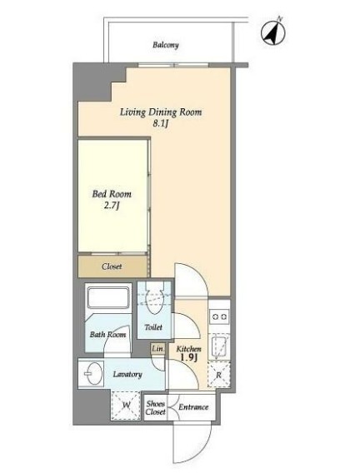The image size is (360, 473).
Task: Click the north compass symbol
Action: (273, 32)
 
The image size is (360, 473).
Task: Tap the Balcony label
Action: (165, 45)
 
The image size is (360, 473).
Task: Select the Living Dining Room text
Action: (161, 112)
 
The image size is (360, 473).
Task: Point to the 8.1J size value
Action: (160, 123)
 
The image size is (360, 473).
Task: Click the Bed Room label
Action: (112, 194)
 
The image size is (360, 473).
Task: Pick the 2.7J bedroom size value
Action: (112, 206)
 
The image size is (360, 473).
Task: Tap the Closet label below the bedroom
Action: (112, 266)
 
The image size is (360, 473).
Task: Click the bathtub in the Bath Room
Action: (108, 297)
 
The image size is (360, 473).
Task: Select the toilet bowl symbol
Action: (154, 302)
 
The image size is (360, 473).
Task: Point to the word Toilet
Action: (153, 327)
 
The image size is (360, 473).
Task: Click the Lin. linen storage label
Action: (157, 349)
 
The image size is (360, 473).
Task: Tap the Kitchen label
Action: (188, 349)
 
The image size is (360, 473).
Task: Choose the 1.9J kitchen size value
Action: (188, 358)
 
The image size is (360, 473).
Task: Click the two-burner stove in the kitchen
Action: (219, 316)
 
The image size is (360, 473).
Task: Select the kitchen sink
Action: (219, 346)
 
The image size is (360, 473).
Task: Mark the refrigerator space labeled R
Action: (219, 375)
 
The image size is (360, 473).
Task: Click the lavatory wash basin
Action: (92, 374)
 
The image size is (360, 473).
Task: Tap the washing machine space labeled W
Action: (126, 406)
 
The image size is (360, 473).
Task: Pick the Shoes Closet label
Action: (156, 407)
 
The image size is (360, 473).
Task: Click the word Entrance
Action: (193, 407)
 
